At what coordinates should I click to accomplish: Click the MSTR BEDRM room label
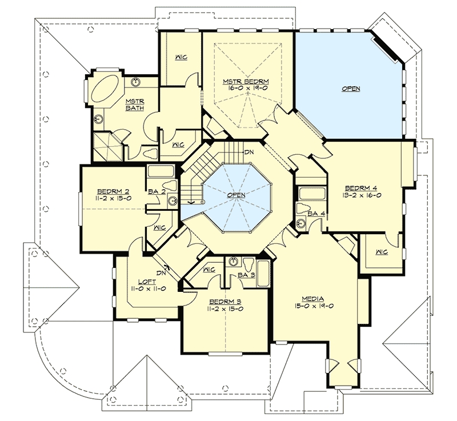click(246, 82)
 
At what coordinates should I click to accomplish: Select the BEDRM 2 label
click(113, 192)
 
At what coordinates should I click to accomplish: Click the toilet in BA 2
click(169, 185)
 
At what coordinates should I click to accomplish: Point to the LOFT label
click(147, 282)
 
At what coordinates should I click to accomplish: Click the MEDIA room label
click(313, 299)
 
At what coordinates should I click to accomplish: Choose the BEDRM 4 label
click(361, 188)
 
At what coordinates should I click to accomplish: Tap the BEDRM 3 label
click(225, 302)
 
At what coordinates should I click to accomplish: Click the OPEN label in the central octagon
click(236, 195)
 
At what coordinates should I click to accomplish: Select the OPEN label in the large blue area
click(351, 89)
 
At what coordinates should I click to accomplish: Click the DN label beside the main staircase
click(249, 152)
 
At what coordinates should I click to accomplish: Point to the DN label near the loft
click(161, 273)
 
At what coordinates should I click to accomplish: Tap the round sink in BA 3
click(233, 262)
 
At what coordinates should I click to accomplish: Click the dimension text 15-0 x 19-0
click(313, 306)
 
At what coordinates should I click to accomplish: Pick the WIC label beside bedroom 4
click(382, 252)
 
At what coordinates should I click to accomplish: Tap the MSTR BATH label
click(135, 105)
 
